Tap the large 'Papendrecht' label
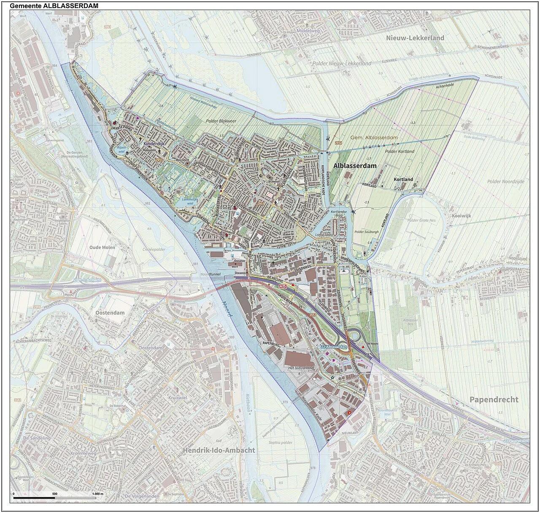pyautogui.click(x=494, y=400)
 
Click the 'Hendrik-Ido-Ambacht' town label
pyautogui.click(x=219, y=450)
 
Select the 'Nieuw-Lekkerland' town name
pyautogui.click(x=415, y=38)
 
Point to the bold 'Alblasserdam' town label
pyautogui.click(x=355, y=166)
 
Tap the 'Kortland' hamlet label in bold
pyautogui.click(x=403, y=179)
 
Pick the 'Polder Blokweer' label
pyautogui.click(x=221, y=121)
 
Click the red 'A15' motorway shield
pyautogui.click(x=282, y=286)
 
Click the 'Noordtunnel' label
pyautogui.click(x=211, y=274)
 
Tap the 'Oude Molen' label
pyautogui.click(x=102, y=247)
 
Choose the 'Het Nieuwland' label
pyautogui.click(x=300, y=368)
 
